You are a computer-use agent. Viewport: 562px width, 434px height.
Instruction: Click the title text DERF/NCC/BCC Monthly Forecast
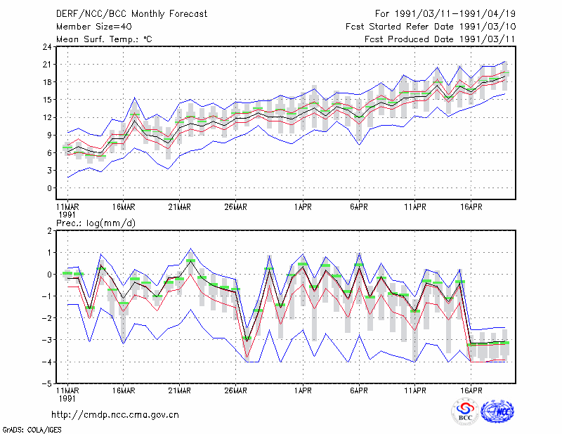pos(131,14)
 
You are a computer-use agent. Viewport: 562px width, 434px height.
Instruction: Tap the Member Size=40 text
pos(94,27)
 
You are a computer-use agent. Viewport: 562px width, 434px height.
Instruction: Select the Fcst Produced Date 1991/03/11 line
pos(440,39)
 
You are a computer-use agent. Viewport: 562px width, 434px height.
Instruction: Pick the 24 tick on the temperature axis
pos(47,47)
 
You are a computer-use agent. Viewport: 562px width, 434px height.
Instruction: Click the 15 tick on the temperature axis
pos(47,100)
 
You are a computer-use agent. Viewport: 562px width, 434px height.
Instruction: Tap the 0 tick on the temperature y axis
pos(49,188)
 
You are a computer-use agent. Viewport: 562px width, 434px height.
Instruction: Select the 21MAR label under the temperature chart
pos(179,207)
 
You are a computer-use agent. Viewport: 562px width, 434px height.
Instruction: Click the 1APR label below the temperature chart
pos(303,207)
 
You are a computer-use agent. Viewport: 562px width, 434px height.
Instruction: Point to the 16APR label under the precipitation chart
pos(471,390)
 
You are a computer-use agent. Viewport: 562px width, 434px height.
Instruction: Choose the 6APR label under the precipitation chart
pos(359,390)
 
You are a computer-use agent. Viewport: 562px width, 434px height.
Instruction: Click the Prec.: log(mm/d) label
pos(96,223)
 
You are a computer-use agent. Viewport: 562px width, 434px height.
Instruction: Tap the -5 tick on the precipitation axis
pos(46,383)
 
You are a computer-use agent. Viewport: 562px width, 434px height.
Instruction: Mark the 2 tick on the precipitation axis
pos(49,231)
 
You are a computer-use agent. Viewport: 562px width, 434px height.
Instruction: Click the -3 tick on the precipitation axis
pos(46,340)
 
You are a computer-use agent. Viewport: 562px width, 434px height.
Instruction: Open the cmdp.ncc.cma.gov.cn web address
pos(115,415)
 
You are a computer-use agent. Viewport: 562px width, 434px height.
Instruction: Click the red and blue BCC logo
pos(465,412)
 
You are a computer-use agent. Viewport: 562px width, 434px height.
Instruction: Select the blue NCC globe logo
pos(497,412)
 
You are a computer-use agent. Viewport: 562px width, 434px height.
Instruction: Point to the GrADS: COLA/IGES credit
pos(32,430)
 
